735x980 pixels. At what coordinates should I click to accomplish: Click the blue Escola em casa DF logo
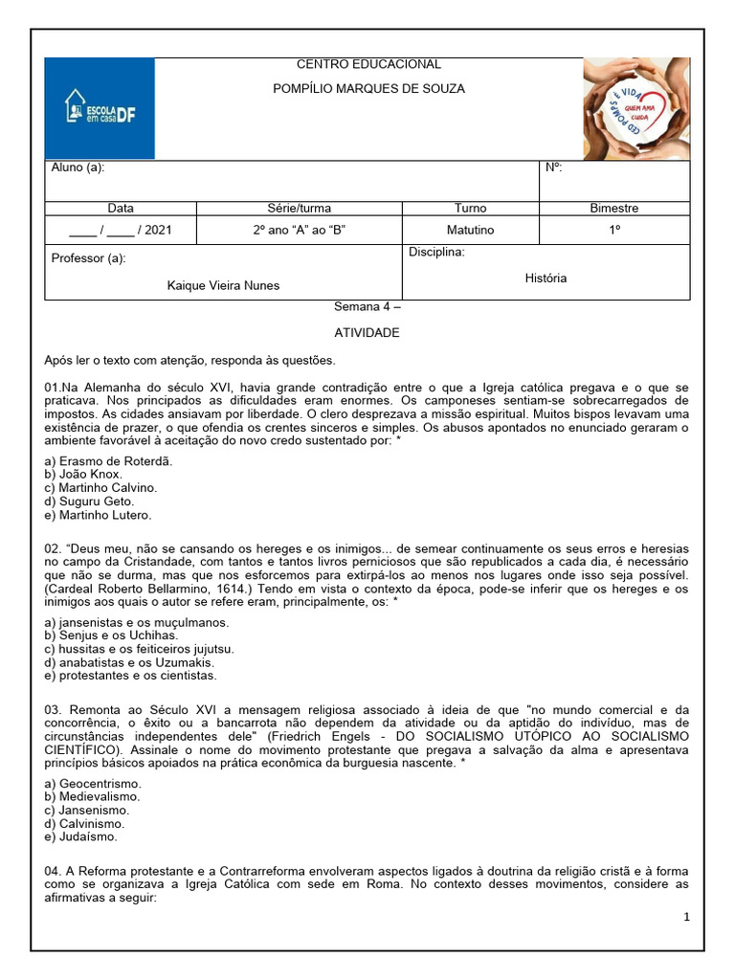pos(100,108)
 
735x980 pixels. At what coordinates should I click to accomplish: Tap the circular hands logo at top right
pos(635,108)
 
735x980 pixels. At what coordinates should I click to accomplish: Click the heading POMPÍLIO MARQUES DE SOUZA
pos(368,89)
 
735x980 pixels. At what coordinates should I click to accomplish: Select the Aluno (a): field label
pos(78,167)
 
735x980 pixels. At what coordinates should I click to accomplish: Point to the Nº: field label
pos(553,167)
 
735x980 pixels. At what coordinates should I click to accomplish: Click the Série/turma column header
pos(299,208)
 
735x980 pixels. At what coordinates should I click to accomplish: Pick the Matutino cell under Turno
pos(470,230)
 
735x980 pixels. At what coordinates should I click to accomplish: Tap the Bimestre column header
pos(614,208)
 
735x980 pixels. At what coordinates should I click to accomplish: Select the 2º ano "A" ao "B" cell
pos(299,230)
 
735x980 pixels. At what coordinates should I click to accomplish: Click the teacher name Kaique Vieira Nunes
pos(223,285)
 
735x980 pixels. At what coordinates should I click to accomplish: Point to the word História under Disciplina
pos(546,278)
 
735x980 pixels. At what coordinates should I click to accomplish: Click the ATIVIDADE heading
pos(367,333)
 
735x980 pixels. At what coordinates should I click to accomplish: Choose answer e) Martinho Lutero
pos(98,515)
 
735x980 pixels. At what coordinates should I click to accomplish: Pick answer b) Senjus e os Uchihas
pos(111,635)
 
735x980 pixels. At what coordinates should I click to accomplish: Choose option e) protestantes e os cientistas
pos(130,675)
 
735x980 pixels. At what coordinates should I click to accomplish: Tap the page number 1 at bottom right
pos(686,917)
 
